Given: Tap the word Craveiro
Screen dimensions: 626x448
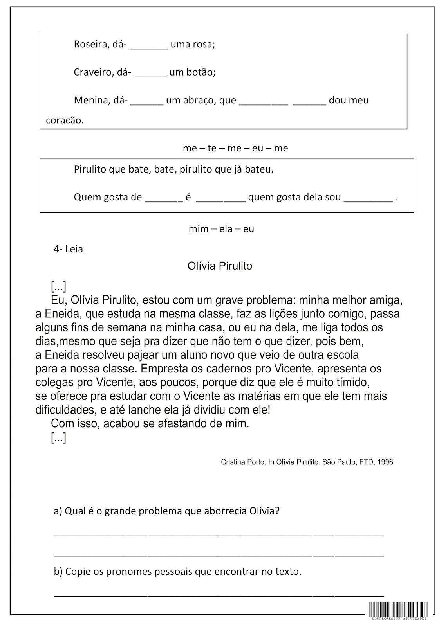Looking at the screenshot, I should [x=91, y=72].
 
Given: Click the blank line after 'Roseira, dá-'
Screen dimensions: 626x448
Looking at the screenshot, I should [x=148, y=46].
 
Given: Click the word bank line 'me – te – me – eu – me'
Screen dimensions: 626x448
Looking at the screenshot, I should [x=235, y=148].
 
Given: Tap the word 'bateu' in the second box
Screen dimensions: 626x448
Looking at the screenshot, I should [x=260, y=170].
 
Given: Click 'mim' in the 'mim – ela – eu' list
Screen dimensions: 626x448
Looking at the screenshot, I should [x=198, y=229].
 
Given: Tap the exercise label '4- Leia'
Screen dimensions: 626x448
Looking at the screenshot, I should [x=68, y=249].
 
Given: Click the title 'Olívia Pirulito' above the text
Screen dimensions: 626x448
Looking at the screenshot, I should [x=220, y=266].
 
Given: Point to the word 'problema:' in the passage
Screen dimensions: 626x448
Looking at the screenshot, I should [x=267, y=300].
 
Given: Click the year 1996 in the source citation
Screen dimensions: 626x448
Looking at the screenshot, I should [x=386, y=462].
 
